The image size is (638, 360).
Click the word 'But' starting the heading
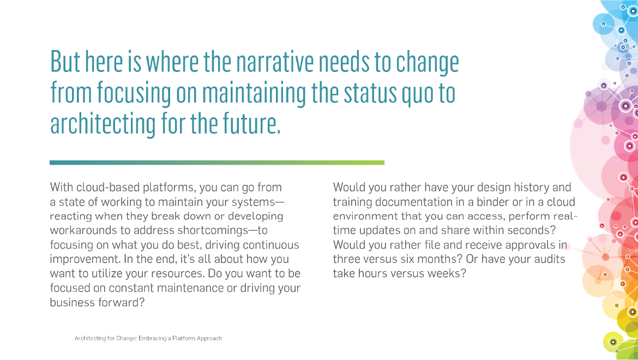tap(65, 62)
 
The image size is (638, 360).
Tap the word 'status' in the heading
tap(370, 93)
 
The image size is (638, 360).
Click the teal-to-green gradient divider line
tap(217, 163)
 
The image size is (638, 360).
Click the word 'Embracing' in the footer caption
tap(153, 338)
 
